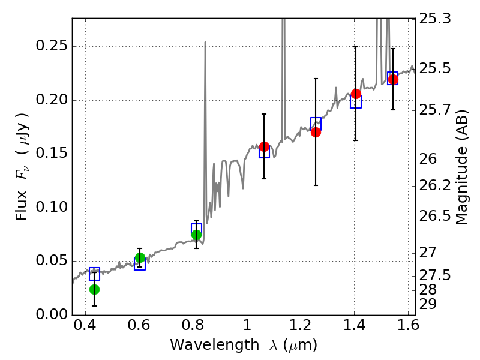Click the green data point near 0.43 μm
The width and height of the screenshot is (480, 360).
click(x=94, y=289)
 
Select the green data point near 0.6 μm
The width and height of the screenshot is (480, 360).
click(x=140, y=258)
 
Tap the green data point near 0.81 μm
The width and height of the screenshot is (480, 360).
click(x=196, y=235)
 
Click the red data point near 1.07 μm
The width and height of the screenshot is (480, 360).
click(x=264, y=146)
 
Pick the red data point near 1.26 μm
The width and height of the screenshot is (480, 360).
click(x=316, y=132)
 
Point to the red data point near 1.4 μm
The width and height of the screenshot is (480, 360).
click(x=356, y=94)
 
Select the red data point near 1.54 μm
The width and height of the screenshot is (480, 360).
click(x=393, y=80)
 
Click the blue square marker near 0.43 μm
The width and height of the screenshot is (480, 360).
click(x=94, y=274)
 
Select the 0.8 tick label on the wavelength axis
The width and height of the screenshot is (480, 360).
click(x=193, y=328)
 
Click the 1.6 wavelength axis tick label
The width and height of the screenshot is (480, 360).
click(x=407, y=328)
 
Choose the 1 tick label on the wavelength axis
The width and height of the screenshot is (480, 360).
click(x=247, y=328)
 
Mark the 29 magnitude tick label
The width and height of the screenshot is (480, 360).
click(x=430, y=304)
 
